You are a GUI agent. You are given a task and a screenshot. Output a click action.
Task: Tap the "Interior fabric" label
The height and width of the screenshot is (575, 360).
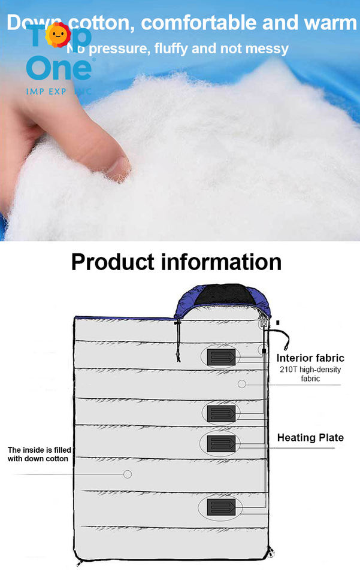point(310,358)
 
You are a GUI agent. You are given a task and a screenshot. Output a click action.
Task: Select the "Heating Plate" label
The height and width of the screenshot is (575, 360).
point(310,438)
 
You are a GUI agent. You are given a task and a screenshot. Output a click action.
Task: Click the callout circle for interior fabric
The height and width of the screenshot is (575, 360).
point(242,383)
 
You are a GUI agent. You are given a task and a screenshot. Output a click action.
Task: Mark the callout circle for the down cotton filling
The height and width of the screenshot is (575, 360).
point(127,474)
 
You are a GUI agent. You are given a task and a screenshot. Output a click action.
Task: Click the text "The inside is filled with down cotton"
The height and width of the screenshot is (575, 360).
point(38,454)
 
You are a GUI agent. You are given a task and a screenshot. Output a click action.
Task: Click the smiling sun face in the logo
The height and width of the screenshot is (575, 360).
point(58,35)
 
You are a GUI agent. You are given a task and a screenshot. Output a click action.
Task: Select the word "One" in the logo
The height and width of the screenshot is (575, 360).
point(59,69)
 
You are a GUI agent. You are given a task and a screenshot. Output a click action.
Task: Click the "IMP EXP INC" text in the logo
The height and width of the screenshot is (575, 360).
point(58,91)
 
